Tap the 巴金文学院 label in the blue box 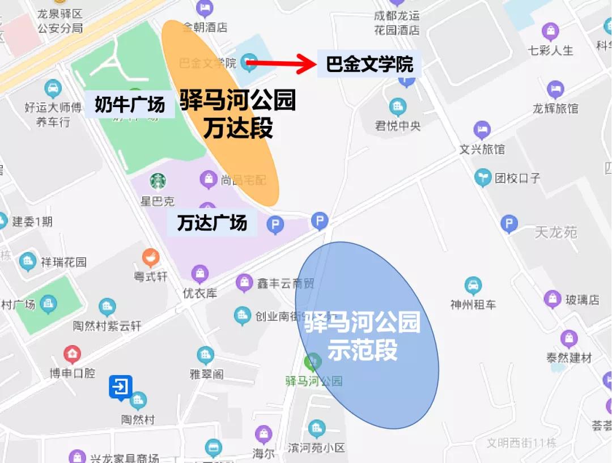pos(370,65)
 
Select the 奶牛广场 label pos(129,104)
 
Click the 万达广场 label pos(212,223)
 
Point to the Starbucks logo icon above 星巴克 pos(158,181)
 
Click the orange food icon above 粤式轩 pos(151,258)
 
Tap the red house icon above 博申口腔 pos(72,355)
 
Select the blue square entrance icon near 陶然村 pos(121,388)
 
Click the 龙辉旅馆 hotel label pos(555,108)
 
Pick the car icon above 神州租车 pos(473,285)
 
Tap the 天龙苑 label pos(555,232)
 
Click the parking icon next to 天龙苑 pos(509,224)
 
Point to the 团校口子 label pos(517,178)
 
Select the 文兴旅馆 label pos(482,149)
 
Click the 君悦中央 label pos(398,125)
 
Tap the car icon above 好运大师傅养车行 pos(53,88)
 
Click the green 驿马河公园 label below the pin pos(314,380)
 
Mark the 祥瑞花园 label pos(63,262)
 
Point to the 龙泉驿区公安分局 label pos(60,20)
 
